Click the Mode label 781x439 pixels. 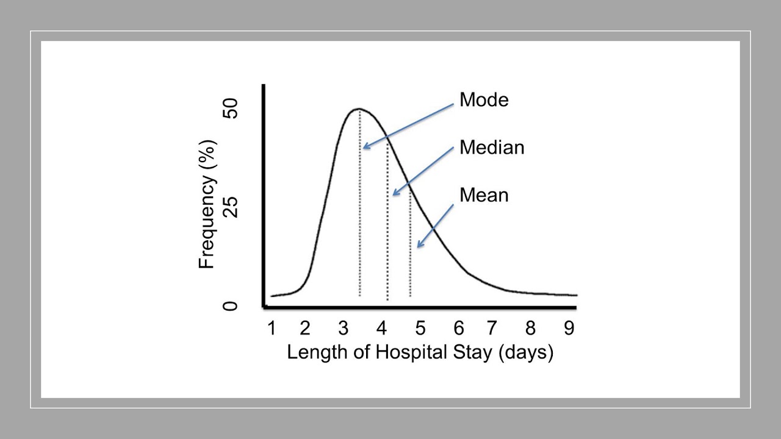484,99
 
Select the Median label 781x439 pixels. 492,148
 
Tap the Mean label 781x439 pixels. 484,195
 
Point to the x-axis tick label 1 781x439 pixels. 272,329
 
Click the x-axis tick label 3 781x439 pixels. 344,329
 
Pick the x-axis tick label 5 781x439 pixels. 420,329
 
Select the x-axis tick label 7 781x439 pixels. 492,329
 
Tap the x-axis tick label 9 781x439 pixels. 569,329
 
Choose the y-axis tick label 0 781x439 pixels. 230,305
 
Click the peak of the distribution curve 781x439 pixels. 359,109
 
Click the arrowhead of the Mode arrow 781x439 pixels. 364,146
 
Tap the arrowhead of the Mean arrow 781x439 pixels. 418,246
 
